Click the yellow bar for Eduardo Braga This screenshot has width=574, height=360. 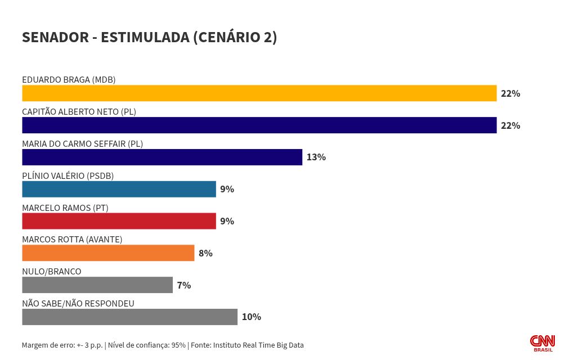[x=259, y=93]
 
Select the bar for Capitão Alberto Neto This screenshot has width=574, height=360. [x=259, y=125]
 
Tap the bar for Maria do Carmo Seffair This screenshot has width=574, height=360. [x=162, y=157]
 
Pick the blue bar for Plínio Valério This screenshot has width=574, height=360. [x=119, y=190]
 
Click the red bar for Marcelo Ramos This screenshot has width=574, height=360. [x=119, y=221]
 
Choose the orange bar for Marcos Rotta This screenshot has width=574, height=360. [x=108, y=253]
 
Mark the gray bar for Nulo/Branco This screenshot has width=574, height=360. [x=97, y=285]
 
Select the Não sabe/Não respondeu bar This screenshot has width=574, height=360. [x=129, y=317]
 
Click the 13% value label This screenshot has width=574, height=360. [x=316, y=157]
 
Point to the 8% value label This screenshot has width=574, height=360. [x=205, y=254]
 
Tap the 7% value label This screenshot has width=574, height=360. [x=184, y=286]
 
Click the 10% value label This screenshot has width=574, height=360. [x=252, y=317]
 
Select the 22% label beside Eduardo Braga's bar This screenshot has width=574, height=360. [x=510, y=94]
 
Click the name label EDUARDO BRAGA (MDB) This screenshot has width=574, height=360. [x=69, y=80]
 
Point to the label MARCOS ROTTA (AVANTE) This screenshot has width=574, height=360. [x=72, y=240]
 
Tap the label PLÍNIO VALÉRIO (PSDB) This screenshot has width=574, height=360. [x=68, y=176]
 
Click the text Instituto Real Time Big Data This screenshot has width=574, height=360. [x=258, y=345]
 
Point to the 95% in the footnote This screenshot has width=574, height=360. [x=178, y=345]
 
